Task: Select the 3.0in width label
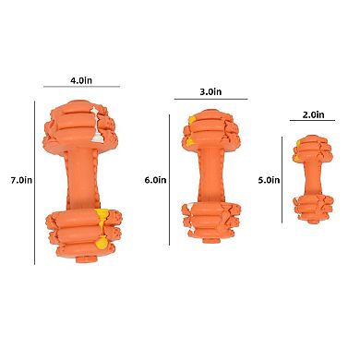[x=211, y=92]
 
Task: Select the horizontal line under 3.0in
[x=211, y=100]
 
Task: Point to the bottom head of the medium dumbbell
[x=212, y=218]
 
